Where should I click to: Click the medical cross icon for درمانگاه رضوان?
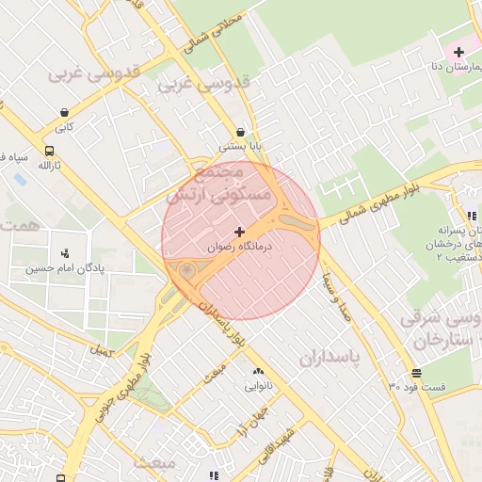coord(239,231)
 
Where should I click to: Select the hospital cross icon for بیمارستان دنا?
coord(458,51)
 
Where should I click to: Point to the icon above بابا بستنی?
coord(242,132)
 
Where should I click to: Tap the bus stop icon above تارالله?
coord(48,151)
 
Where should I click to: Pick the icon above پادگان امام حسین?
coord(64,252)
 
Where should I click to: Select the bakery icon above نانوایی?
coord(258,371)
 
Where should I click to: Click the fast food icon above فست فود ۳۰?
coord(416,372)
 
